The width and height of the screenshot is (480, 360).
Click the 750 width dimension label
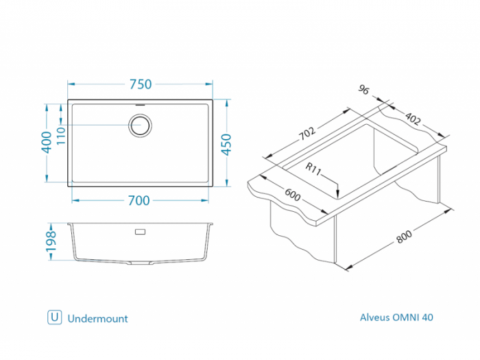(141, 84)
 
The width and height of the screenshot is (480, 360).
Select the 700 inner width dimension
(139, 200)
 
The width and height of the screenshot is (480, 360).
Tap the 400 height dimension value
(47, 142)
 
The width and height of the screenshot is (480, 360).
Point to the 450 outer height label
(226, 145)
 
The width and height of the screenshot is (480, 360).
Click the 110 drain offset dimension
(61, 136)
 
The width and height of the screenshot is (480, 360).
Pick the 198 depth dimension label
(51, 242)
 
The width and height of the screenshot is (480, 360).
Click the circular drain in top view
(140, 125)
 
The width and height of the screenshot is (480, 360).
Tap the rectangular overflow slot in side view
(140, 232)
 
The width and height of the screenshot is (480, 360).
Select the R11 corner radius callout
(313, 169)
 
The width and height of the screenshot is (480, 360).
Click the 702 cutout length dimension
(307, 133)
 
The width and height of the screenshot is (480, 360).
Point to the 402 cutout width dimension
(413, 119)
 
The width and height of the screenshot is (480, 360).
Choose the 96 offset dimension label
(363, 90)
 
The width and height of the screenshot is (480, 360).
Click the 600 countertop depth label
(293, 195)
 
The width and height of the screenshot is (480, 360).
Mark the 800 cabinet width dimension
(405, 237)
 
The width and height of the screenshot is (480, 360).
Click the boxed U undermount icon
(54, 317)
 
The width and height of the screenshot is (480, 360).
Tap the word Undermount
(97, 319)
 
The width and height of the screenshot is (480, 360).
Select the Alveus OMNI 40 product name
(396, 317)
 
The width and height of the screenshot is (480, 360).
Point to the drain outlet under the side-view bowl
(140, 263)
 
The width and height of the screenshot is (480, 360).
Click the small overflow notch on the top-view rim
(141, 105)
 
